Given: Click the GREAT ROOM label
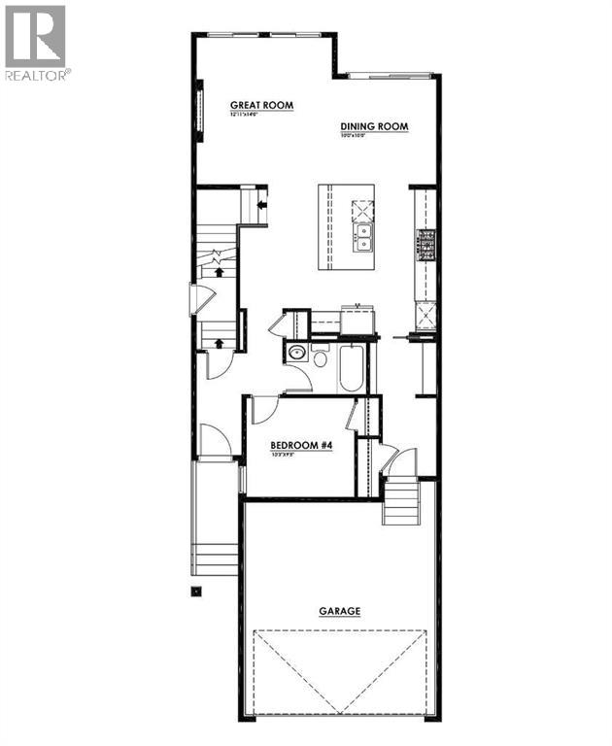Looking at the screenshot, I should pos(261,105).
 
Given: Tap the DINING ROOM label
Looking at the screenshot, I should pos(374,126).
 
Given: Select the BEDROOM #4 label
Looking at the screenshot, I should pos(302,445).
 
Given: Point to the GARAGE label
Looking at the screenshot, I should pos(340,611).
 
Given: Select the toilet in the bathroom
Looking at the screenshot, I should pos(321,357).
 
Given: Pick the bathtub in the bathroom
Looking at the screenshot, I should pos(351,368).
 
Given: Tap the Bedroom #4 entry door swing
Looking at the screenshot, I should pos(265,410).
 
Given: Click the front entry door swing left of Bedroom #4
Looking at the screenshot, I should pos(215,441).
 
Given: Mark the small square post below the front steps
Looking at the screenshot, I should pos(196,590).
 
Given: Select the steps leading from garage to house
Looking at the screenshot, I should pos(400,502).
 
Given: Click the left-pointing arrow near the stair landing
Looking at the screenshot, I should pos(261,204).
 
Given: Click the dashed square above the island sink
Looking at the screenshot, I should pos(362,208).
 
